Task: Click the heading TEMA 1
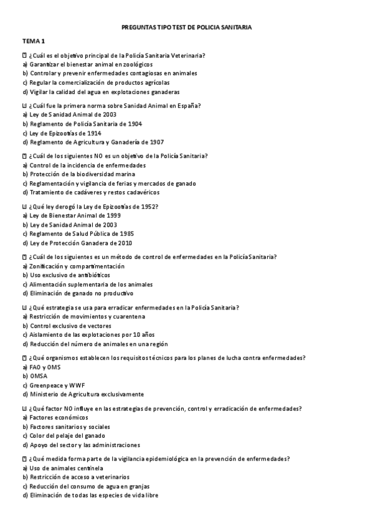click(34, 40)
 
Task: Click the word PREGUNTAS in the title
click(139, 27)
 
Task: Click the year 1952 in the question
click(148, 206)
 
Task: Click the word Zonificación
click(47, 266)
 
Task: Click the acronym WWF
click(77, 385)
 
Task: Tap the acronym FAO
click(36, 367)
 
